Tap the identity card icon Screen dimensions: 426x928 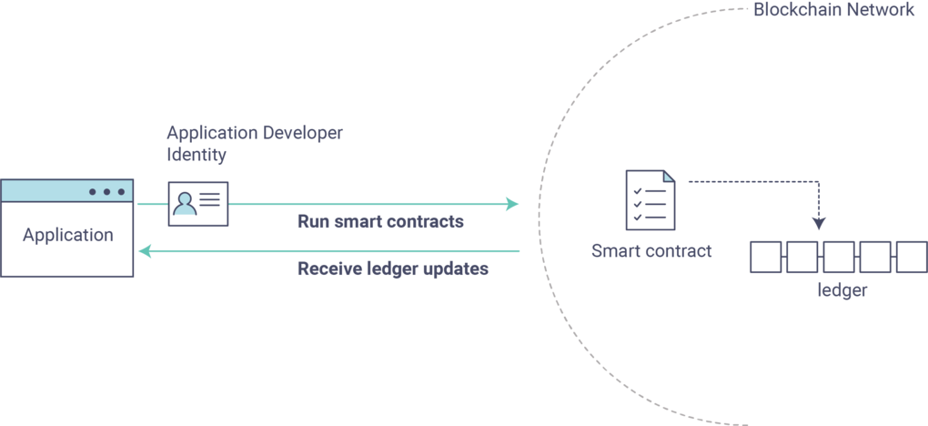[197, 203]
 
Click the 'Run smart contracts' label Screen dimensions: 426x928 [380, 222]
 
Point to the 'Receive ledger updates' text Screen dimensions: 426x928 [393, 269]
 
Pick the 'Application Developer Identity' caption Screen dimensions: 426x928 [255, 143]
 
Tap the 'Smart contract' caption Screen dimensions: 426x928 [651, 250]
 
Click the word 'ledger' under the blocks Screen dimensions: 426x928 [842, 291]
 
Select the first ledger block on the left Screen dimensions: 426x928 [765, 257]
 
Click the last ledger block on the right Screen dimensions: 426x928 [911, 257]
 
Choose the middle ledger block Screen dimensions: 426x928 [838, 257]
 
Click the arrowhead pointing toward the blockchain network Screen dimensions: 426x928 [511, 204]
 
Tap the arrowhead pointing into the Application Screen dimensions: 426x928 [145, 251]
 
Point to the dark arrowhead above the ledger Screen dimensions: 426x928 [819, 222]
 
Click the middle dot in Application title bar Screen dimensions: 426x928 [107, 192]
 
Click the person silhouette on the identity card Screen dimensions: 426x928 [185, 204]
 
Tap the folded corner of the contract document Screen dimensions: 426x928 [669, 175]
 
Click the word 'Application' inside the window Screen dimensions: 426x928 [68, 235]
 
